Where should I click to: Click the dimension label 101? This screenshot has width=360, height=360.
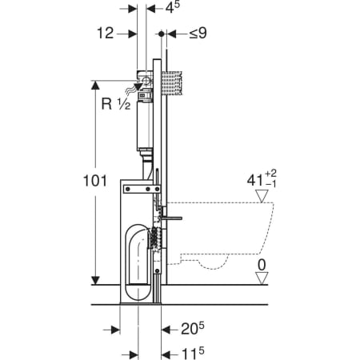click(95, 181)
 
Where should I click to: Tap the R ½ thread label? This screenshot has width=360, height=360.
click(116, 104)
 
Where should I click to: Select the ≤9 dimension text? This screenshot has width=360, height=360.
click(198, 34)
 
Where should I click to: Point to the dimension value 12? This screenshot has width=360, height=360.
click(106, 34)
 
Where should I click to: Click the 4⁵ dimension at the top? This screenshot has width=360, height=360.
click(173, 7)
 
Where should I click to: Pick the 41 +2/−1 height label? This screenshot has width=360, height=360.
click(262, 179)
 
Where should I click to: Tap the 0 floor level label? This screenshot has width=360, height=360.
click(262, 265)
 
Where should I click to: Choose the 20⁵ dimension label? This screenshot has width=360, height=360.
click(193, 329)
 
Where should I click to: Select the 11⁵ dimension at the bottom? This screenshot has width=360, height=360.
click(193, 354)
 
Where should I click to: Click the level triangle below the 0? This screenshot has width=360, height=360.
click(262, 278)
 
